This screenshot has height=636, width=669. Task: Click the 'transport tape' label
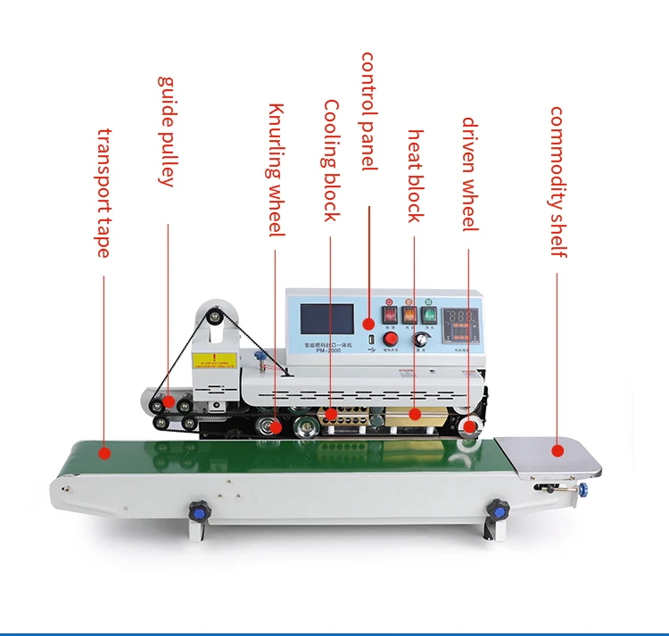pos(103,194)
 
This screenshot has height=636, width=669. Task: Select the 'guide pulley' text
pos(166,131)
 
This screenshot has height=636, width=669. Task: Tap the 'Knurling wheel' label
pos(277,170)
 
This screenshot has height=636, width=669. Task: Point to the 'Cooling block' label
pos(331,161)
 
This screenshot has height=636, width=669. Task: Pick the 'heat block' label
pos(416,176)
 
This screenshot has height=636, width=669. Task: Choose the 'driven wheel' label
pos(470,175)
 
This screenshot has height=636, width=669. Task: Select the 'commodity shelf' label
pos(557,182)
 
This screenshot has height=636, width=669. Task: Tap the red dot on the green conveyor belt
pos(104,452)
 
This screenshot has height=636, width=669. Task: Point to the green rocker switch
pos(429,314)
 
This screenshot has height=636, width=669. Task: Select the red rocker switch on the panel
pos(390,314)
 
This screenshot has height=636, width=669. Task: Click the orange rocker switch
pos(409,314)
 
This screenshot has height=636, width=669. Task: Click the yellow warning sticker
pos(213,361)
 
